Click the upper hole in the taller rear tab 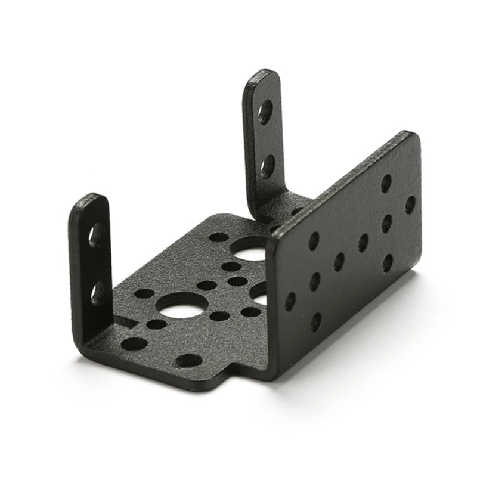point(265,111)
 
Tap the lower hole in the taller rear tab point(268,166)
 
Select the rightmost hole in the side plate point(410,205)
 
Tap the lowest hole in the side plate point(316,322)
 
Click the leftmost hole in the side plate point(290,301)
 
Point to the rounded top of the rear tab point(261,75)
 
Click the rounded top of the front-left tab point(89,199)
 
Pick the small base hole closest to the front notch point(189,360)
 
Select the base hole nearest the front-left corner point(134,344)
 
